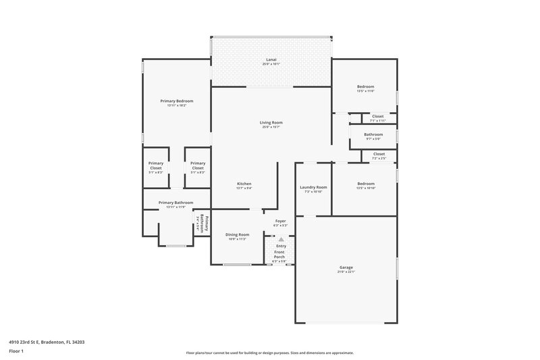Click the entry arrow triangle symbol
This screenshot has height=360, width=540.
coord(281,239)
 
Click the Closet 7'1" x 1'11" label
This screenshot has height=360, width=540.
coord(378,118)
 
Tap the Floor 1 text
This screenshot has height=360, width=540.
coord(17,352)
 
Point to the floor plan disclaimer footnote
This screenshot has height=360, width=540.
coord(270,353)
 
